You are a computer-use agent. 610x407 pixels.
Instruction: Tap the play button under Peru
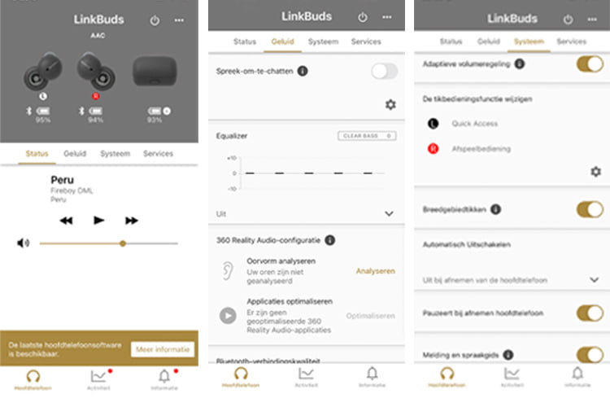[99, 220]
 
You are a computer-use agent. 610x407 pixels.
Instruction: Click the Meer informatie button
[163, 349]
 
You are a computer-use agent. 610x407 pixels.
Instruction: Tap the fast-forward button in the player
[131, 220]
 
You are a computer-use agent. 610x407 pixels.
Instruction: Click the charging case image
[154, 69]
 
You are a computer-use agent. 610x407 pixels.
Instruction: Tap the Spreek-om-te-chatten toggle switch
[384, 72]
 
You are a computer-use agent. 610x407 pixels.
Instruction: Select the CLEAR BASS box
[366, 135]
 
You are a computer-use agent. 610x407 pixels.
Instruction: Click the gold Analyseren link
[375, 271]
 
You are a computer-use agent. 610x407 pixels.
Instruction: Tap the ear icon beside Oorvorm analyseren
[229, 272]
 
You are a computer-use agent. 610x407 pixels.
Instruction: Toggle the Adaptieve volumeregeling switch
[589, 63]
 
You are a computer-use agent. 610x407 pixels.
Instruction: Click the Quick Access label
[475, 124]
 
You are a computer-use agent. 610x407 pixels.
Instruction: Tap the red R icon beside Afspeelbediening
[433, 148]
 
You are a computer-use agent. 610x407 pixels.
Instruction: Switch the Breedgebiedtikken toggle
[589, 209]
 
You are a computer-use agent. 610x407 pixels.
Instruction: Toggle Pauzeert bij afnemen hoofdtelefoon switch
[589, 313]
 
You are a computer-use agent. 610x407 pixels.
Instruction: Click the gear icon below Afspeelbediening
[595, 172]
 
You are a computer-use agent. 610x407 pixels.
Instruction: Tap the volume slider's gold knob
[123, 243]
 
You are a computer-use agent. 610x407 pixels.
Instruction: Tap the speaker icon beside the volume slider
[23, 243]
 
